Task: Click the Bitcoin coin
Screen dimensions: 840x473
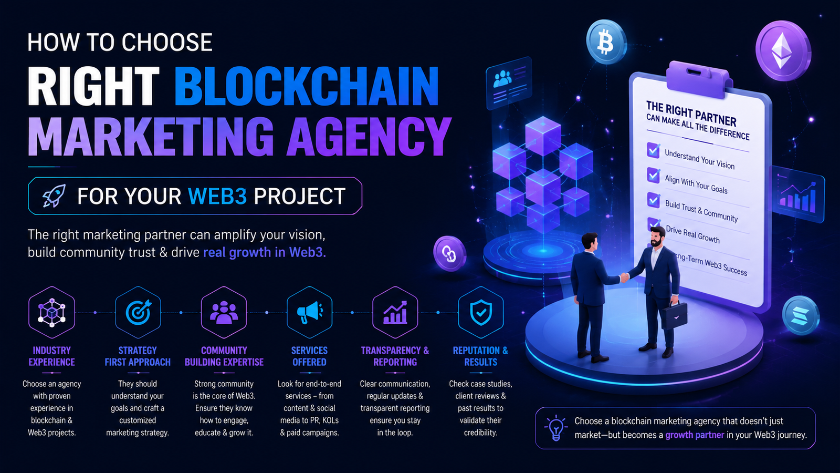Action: point(606,42)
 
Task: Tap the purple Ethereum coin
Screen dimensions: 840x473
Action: point(783,50)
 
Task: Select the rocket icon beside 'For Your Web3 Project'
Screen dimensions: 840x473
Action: point(54,196)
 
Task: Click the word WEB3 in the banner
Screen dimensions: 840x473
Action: point(217,196)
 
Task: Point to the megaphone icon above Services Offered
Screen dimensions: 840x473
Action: point(309,312)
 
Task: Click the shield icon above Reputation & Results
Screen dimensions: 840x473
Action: point(481,312)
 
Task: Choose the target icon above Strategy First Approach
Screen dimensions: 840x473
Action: point(138,312)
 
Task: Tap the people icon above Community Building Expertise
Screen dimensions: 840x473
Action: point(224,312)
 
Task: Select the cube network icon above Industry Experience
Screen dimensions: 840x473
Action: point(52,312)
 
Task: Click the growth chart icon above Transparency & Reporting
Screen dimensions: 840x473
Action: point(395,312)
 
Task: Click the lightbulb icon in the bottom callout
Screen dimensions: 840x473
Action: point(556,428)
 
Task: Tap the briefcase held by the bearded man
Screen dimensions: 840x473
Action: point(674,316)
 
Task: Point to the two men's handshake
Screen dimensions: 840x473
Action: point(624,277)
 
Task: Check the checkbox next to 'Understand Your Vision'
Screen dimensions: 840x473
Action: point(654,150)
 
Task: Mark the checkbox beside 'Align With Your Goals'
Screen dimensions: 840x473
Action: point(654,175)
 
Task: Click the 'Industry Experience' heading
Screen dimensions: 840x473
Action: point(52,356)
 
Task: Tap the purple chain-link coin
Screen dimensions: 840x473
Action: point(449,253)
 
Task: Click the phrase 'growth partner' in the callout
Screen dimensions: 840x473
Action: point(695,435)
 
